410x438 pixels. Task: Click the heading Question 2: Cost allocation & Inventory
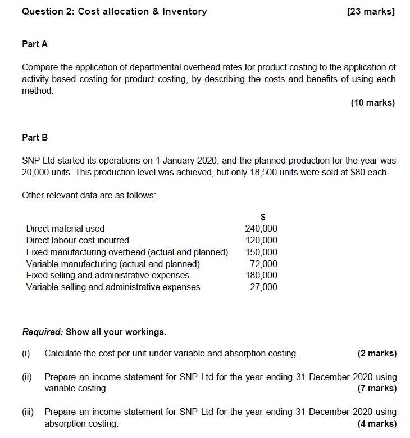tap(114, 11)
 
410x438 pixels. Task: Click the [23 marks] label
tap(371, 11)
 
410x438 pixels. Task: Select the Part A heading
tap(35, 44)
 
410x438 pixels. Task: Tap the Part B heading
tap(35, 137)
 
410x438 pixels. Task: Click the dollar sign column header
tap(262, 217)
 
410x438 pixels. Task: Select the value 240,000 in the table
tap(261, 229)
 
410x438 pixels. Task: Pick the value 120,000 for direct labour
tap(261, 241)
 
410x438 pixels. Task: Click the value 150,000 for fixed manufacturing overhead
tap(261, 252)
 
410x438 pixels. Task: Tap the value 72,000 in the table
tap(263, 264)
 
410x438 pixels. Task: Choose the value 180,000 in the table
tap(261, 276)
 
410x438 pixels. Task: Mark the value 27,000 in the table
tap(263, 287)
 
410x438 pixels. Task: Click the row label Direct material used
tap(65, 229)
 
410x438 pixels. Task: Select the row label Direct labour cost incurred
tap(78, 241)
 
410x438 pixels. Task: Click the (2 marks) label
tap(377, 354)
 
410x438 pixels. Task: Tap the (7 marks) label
tap(377, 389)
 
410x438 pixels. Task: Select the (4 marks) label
tap(377, 424)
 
